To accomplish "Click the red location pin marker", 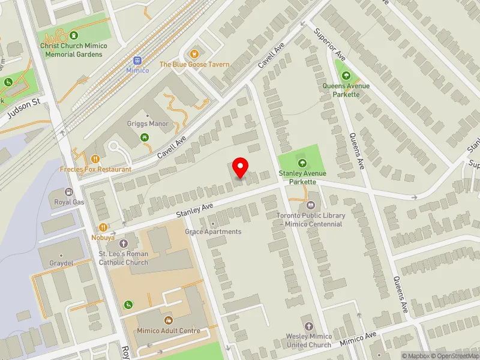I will pyautogui.click(x=241, y=167).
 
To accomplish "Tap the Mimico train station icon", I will pyautogui.click(x=137, y=61).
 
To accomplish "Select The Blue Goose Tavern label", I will pyautogui.click(x=194, y=64).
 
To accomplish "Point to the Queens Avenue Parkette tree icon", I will pyautogui.click(x=346, y=76).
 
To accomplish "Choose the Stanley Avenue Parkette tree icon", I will pyautogui.click(x=302, y=163).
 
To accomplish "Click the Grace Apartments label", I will pyautogui.click(x=213, y=232).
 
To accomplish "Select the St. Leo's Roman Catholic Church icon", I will pyautogui.click(x=124, y=244).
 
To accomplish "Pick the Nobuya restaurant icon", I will pyautogui.click(x=103, y=227).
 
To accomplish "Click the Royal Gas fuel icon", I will pyautogui.click(x=69, y=193).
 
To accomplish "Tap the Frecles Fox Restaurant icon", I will pyautogui.click(x=95, y=159).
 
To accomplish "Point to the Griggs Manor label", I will pyautogui.click(x=148, y=124).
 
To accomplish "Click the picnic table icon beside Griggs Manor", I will pyautogui.click(x=145, y=138).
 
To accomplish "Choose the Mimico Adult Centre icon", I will pyautogui.click(x=167, y=321).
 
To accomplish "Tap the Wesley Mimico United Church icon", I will pyautogui.click(x=308, y=327).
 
